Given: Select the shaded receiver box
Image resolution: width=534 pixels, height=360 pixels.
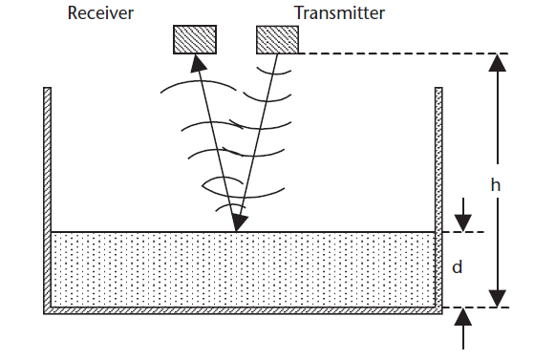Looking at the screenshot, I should tap(194, 39).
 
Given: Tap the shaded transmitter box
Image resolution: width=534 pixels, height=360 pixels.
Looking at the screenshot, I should tap(277, 39).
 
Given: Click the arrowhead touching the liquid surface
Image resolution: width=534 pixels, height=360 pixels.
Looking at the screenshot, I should tap(237, 225).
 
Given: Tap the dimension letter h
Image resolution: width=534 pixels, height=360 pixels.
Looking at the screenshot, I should tap(495, 186).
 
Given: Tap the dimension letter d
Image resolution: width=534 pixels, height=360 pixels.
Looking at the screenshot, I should tap(457, 268).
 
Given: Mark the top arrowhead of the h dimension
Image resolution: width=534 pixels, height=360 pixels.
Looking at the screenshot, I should tap(495, 61).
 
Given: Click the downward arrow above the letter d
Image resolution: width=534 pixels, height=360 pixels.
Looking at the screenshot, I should tap(463, 220).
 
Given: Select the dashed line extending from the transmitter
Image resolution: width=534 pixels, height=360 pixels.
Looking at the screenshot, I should tap(401, 53).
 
